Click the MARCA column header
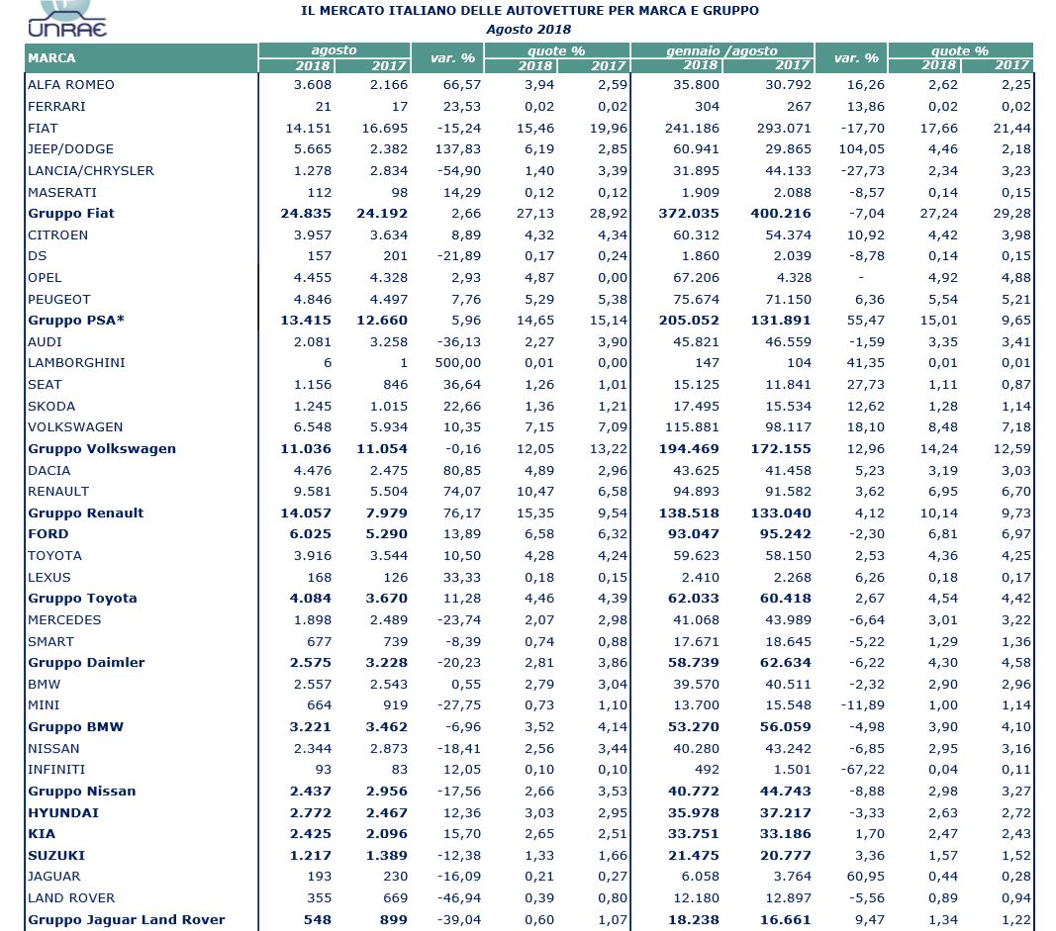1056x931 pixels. (51, 58)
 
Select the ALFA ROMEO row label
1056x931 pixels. (71, 85)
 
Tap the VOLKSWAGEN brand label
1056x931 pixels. (76, 427)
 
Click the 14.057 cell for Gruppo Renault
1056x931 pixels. (308, 512)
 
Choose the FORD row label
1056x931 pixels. (48, 534)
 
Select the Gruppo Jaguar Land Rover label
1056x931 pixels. (127, 919)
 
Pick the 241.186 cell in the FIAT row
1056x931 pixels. (692, 128)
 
